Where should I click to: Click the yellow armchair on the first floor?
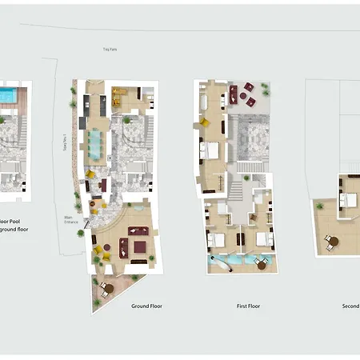pyautogui.click(x=204, y=122)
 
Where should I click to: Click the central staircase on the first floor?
pyautogui.click(x=236, y=190)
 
